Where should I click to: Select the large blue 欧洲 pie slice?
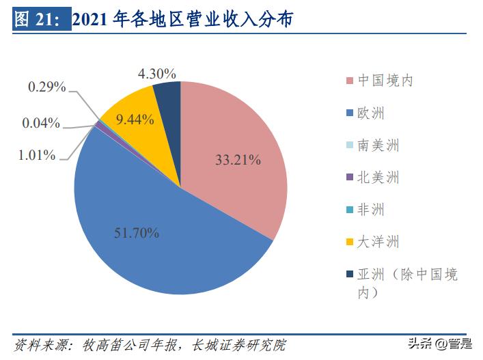[157, 232]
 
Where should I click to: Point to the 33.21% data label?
[238, 161]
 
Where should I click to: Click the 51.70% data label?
[137, 234]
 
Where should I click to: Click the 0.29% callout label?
[47, 87]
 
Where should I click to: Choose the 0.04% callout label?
[41, 124]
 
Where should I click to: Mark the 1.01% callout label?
[36, 155]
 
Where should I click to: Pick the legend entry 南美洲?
[378, 145]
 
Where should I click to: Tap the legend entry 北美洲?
[378, 178]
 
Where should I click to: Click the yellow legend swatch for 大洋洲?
[350, 243]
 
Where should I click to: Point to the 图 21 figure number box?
[42, 20]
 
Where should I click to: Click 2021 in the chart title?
[91, 20]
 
